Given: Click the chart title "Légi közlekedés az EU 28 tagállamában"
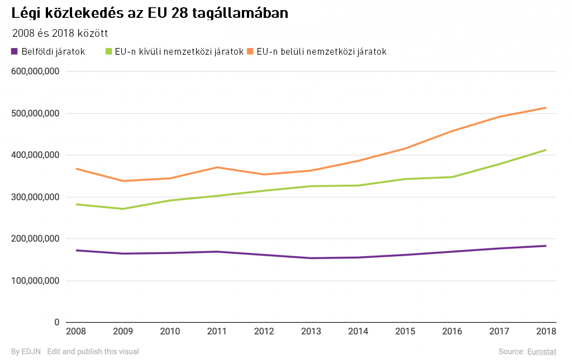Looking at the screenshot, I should click(150, 13).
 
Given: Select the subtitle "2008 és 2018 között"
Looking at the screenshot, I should click(59, 33).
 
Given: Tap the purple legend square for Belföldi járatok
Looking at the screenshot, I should click(15, 51).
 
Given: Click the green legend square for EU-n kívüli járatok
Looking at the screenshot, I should click(108, 51).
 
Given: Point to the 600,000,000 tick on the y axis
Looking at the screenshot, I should click(35, 71).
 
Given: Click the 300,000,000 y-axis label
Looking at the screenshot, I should click(35, 197).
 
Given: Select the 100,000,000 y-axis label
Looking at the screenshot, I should click(35, 281).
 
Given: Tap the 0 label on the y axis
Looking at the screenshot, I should click(56, 323).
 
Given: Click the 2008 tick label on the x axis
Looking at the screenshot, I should click(76, 332).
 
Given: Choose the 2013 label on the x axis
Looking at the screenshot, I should click(311, 332).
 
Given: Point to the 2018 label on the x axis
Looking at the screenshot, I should click(546, 332).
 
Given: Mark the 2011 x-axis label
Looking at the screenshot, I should click(217, 332).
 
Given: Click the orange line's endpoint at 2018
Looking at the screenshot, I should click(546, 108).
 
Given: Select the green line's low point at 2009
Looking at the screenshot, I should click(123, 209).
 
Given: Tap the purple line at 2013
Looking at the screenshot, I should click(311, 258).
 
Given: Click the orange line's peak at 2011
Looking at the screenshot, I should click(217, 167).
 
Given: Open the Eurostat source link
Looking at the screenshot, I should click(542, 352).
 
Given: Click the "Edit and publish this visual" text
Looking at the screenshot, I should click(93, 352).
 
